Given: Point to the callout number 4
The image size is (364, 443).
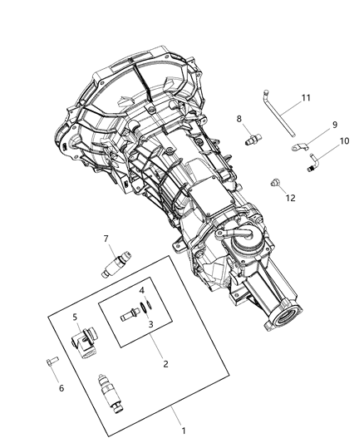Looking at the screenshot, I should [142, 291].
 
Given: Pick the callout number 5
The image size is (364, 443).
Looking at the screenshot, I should [74, 317].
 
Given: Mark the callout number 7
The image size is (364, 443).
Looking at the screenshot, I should [106, 239].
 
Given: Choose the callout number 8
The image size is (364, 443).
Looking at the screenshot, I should [240, 119].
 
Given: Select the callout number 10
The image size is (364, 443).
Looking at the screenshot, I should [344, 141].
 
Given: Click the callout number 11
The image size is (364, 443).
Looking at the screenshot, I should [306, 98].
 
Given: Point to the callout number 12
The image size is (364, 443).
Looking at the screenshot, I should [290, 197].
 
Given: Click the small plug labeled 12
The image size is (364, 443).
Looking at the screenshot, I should [275, 182].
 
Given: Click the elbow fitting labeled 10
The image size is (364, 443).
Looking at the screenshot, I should [312, 161].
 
